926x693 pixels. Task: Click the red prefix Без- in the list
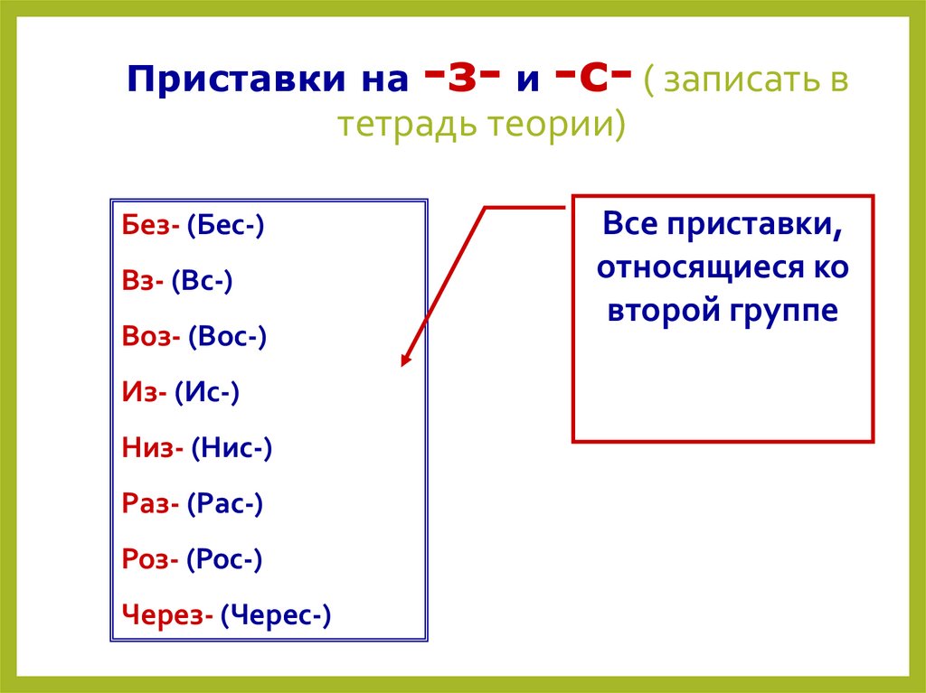pyautogui.click(x=150, y=226)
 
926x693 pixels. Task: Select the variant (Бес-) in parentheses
pyautogui.click(x=225, y=226)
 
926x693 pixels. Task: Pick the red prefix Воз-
pyautogui.click(x=151, y=337)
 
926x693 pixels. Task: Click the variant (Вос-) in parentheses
pyautogui.click(x=228, y=337)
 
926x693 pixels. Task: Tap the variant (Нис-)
pyautogui.click(x=231, y=448)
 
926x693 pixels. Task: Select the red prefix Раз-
pyautogui.click(x=150, y=504)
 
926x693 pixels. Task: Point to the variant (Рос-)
pyautogui.click(x=224, y=560)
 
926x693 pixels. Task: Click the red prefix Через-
pyautogui.click(x=167, y=616)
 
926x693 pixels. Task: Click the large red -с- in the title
pyautogui.click(x=581, y=78)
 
